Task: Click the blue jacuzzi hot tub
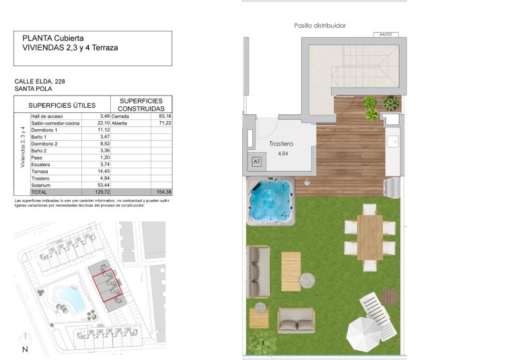click(271, 201)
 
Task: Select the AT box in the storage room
click(256, 161)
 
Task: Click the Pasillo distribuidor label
click(320, 26)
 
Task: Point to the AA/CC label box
click(386, 33)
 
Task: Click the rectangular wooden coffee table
click(291, 271)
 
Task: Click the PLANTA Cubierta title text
click(53, 38)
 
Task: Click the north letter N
click(25, 349)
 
